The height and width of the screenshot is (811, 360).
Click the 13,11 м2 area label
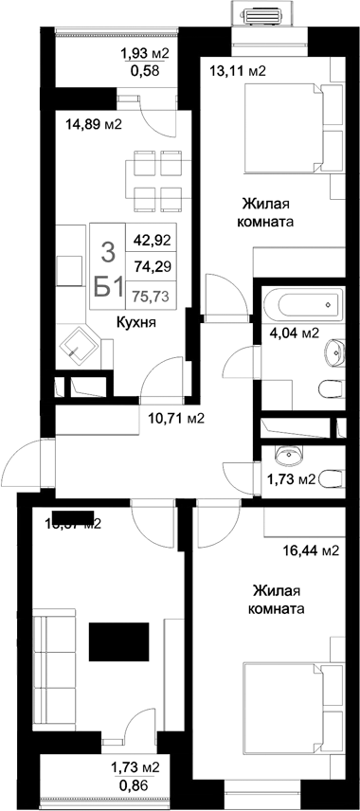[237, 71]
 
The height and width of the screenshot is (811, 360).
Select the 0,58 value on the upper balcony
[144, 72]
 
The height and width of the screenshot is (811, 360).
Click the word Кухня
[135, 322]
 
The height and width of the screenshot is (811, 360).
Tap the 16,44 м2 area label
[311, 550]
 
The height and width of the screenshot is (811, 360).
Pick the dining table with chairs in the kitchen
[156, 183]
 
